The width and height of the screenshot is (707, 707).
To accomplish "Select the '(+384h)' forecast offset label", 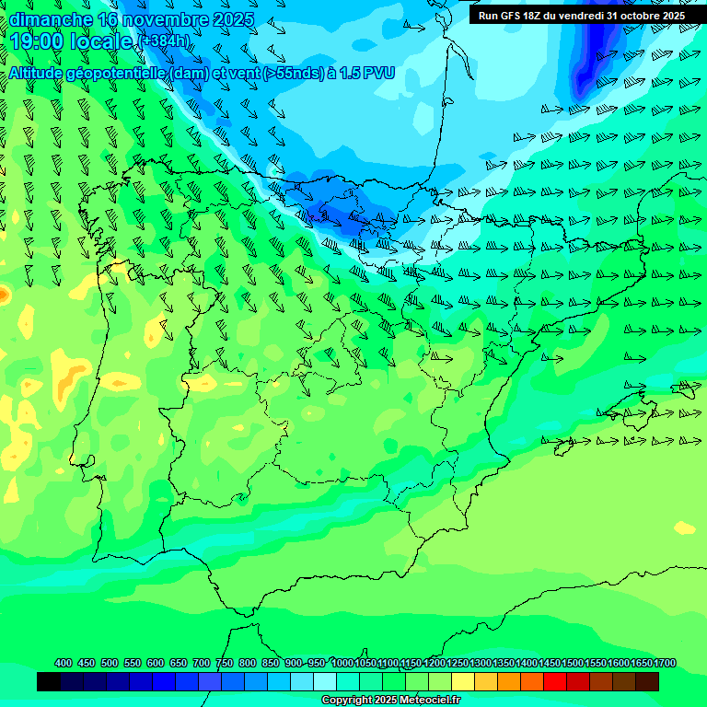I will coord(165,41).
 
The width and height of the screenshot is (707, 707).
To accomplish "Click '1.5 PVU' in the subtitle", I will coord(364,73).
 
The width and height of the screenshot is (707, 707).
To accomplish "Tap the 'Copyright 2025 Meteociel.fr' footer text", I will coord(390,701).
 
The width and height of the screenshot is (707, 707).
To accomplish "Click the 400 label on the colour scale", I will coord(64,664).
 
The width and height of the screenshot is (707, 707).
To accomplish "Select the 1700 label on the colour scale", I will coord(665,664).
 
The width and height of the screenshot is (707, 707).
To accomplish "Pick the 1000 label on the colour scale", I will coord(342,664).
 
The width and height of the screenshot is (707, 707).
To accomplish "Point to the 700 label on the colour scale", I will coord(202,664).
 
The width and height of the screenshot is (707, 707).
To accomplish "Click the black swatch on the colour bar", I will coord(49,681).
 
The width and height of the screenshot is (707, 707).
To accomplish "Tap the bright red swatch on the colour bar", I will coord(555,681).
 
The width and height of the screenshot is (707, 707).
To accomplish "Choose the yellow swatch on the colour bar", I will coord(463,681).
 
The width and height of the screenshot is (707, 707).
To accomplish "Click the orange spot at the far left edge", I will coord(3,296).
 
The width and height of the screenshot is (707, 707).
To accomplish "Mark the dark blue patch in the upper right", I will coord(594,55).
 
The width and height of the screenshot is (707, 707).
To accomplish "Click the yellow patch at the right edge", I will coord(685,527).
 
